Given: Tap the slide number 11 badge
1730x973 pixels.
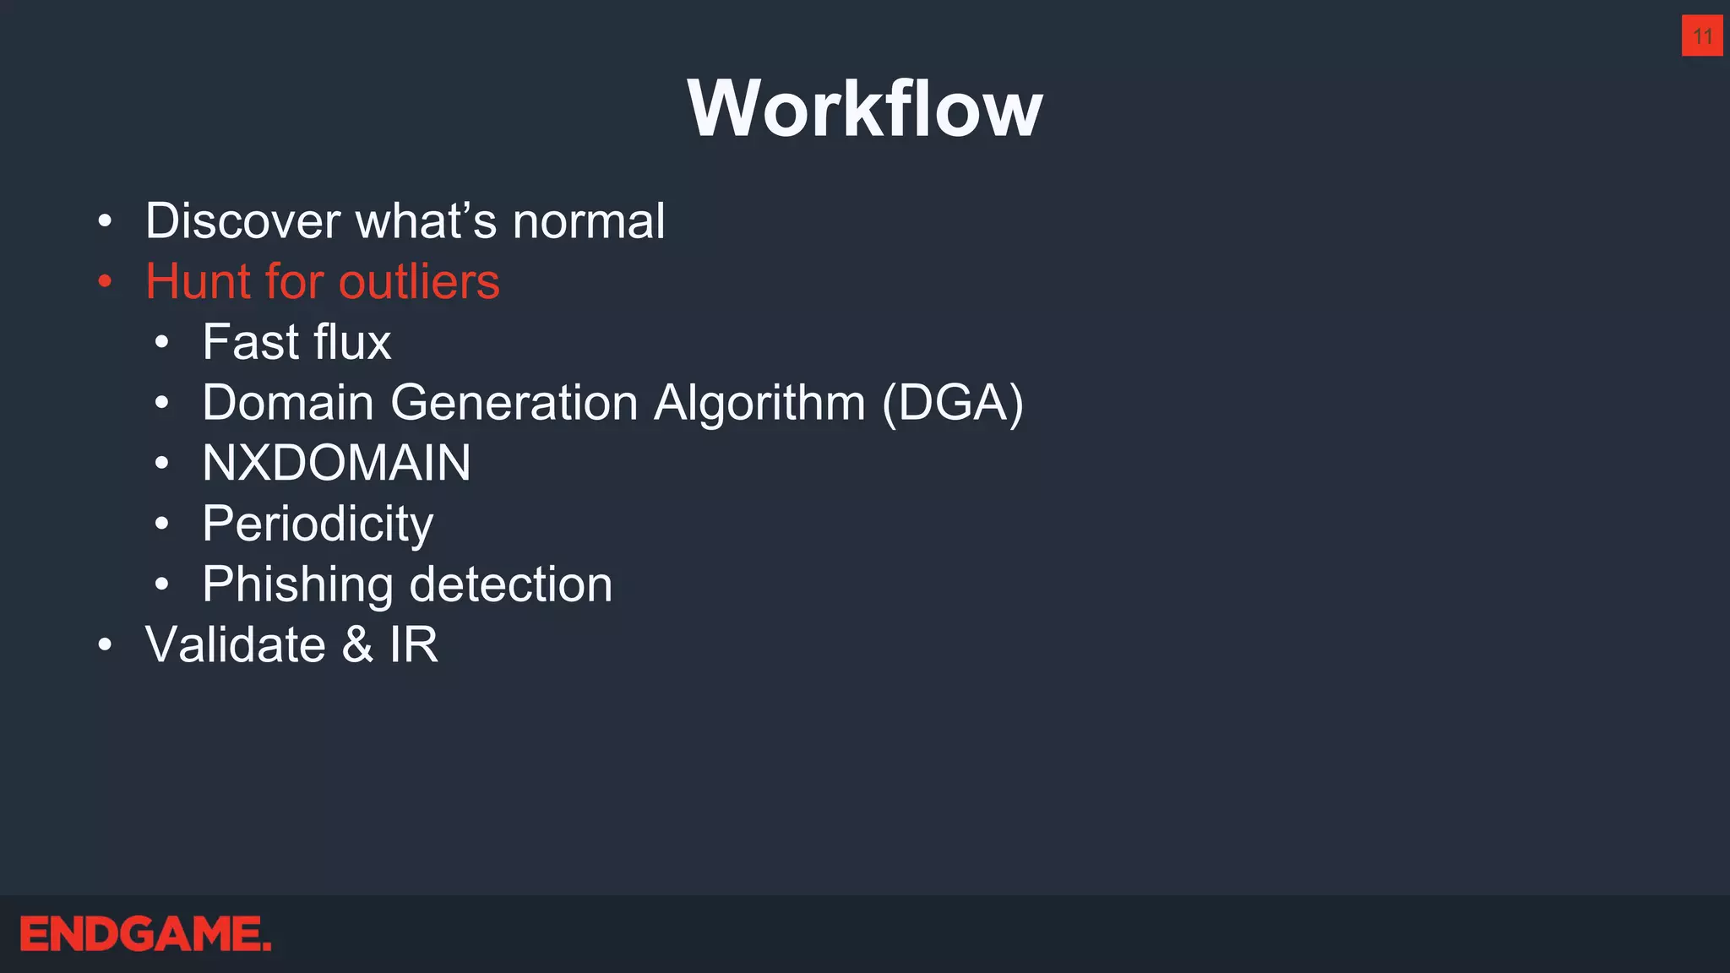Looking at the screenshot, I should coord(1702,35).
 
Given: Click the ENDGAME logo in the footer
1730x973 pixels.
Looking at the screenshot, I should coord(145,934).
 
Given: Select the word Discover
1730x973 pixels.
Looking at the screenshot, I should coord(242,221).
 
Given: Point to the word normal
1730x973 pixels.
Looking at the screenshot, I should coord(589,221).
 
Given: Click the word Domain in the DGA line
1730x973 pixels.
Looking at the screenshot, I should coord(288,402).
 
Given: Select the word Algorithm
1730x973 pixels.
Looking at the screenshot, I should coord(759,402).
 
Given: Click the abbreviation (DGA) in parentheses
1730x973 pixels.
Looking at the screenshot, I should coord(953,403).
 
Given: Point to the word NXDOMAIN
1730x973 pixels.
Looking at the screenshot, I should coord(336,463).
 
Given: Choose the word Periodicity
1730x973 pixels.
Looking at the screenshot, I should coord(318,525).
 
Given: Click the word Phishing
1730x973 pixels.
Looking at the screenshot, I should coord(298,585).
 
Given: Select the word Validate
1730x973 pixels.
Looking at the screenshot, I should coord(236,644).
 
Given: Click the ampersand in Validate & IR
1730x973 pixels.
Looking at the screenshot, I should coord(357,644).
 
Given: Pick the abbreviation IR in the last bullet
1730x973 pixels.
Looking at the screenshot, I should coord(414,644).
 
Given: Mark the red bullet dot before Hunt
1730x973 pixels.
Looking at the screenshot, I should coord(104,282).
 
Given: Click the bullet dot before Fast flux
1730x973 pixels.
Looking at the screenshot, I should coord(161,343).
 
